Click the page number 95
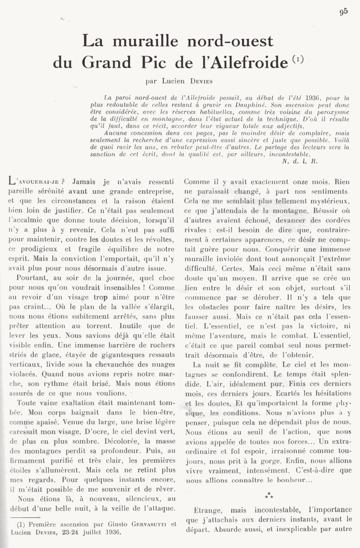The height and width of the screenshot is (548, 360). [343, 11]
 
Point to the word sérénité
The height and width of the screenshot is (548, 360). [51, 191]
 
